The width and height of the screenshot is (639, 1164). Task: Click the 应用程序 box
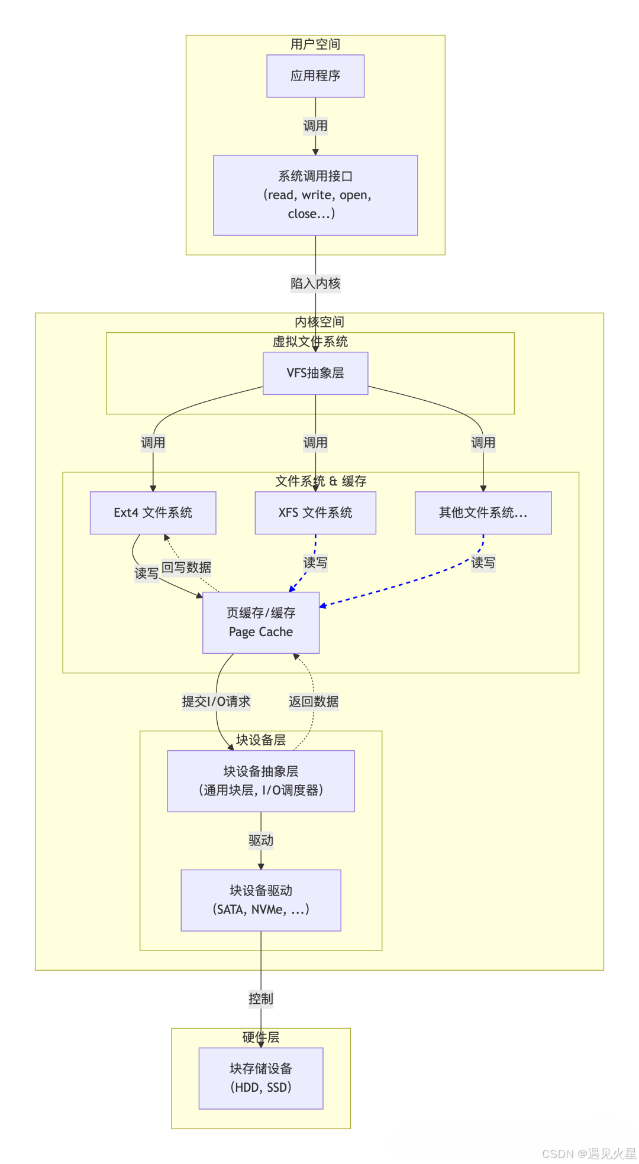pos(315,76)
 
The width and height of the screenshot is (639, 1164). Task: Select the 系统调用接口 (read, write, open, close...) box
pos(315,195)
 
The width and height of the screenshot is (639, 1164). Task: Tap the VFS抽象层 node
pos(315,373)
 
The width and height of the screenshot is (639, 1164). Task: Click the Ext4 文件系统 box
pos(153,513)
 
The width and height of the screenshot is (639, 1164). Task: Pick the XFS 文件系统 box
pos(315,513)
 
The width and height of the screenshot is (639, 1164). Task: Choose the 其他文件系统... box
pos(483,513)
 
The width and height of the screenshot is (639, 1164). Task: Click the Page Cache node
pos(261,622)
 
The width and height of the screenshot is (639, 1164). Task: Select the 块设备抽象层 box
pos(261,781)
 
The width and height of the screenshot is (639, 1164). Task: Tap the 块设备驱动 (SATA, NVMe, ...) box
pos(261,900)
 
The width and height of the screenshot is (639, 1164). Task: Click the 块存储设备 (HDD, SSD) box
pos(261,1078)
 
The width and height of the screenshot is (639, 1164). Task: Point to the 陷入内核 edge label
pos(315,284)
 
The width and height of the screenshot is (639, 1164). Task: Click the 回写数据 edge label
pos(186,568)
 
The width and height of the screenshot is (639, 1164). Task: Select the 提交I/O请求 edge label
pos(216,702)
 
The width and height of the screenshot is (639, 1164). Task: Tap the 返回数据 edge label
pos(314,702)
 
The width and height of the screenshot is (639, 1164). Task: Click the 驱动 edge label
pos(261,841)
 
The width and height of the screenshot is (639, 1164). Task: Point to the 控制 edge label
pos(261,999)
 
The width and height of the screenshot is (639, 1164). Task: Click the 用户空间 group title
pos(315,44)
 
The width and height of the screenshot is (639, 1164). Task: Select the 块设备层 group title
pos(261,740)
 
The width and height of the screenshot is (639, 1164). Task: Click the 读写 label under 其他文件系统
pos(483,563)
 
